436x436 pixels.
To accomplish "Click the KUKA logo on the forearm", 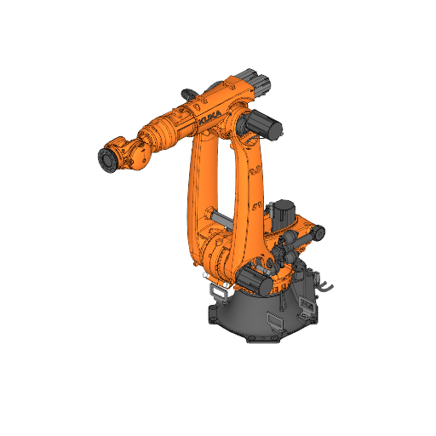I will (210, 119).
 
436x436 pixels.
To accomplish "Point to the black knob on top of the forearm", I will (189, 92).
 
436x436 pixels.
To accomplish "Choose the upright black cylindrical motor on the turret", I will (282, 213).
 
